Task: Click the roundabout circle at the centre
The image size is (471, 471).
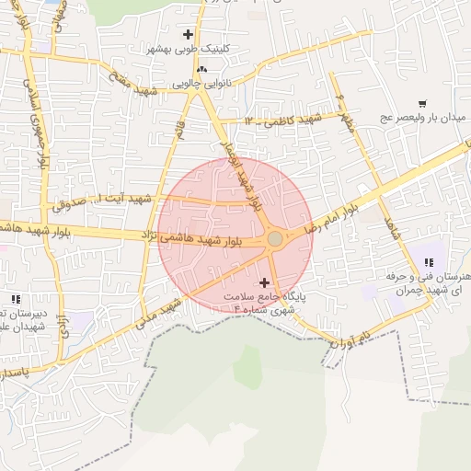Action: tap(274, 239)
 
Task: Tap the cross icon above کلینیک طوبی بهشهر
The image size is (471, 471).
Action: tap(188, 34)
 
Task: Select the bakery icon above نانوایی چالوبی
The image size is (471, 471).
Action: tap(202, 68)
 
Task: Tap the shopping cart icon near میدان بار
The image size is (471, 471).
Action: tap(422, 104)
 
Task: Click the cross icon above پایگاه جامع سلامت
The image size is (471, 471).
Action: tap(266, 282)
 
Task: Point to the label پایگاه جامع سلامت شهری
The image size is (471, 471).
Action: tap(269, 304)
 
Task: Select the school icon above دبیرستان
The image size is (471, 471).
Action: tap(16, 298)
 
